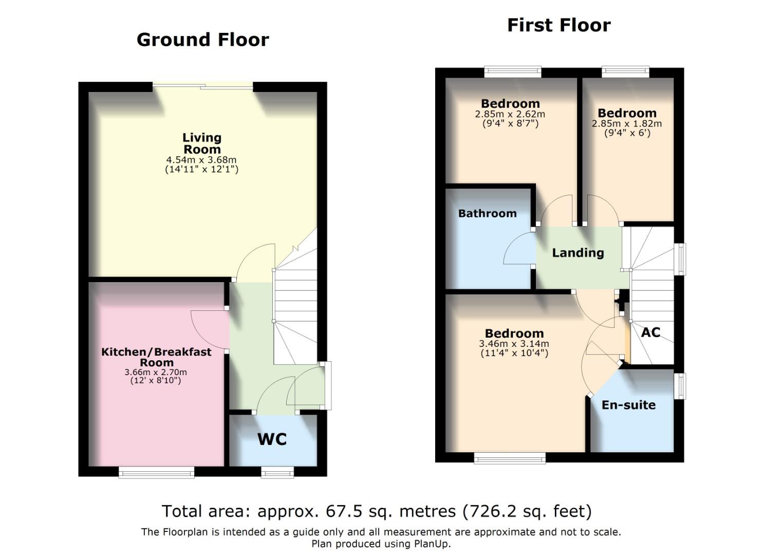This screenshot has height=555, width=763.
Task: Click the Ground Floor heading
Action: pos(202,40)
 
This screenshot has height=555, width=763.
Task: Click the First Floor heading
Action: pos(559,25)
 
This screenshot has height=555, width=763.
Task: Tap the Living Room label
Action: pos(202,143)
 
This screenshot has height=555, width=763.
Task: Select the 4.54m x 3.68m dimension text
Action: pos(202,160)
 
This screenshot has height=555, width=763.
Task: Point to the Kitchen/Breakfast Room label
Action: pos(156,357)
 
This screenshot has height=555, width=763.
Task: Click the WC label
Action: pos(272,439)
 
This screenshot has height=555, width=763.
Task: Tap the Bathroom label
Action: pos(487,213)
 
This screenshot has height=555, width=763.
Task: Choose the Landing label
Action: pos(578,253)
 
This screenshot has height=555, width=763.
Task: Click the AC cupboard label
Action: pos(650,332)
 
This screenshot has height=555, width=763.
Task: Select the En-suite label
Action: pos(628,405)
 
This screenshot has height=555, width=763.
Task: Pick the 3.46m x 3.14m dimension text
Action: pos(514,344)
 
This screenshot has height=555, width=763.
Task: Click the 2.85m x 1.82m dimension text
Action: pos(627,123)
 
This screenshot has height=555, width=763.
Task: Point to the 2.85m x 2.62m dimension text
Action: pos(510,114)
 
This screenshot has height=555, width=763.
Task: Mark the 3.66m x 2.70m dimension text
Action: pos(156,372)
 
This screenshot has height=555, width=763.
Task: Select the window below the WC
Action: pos(277,472)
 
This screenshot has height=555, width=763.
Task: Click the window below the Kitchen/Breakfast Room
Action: pos(156,472)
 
